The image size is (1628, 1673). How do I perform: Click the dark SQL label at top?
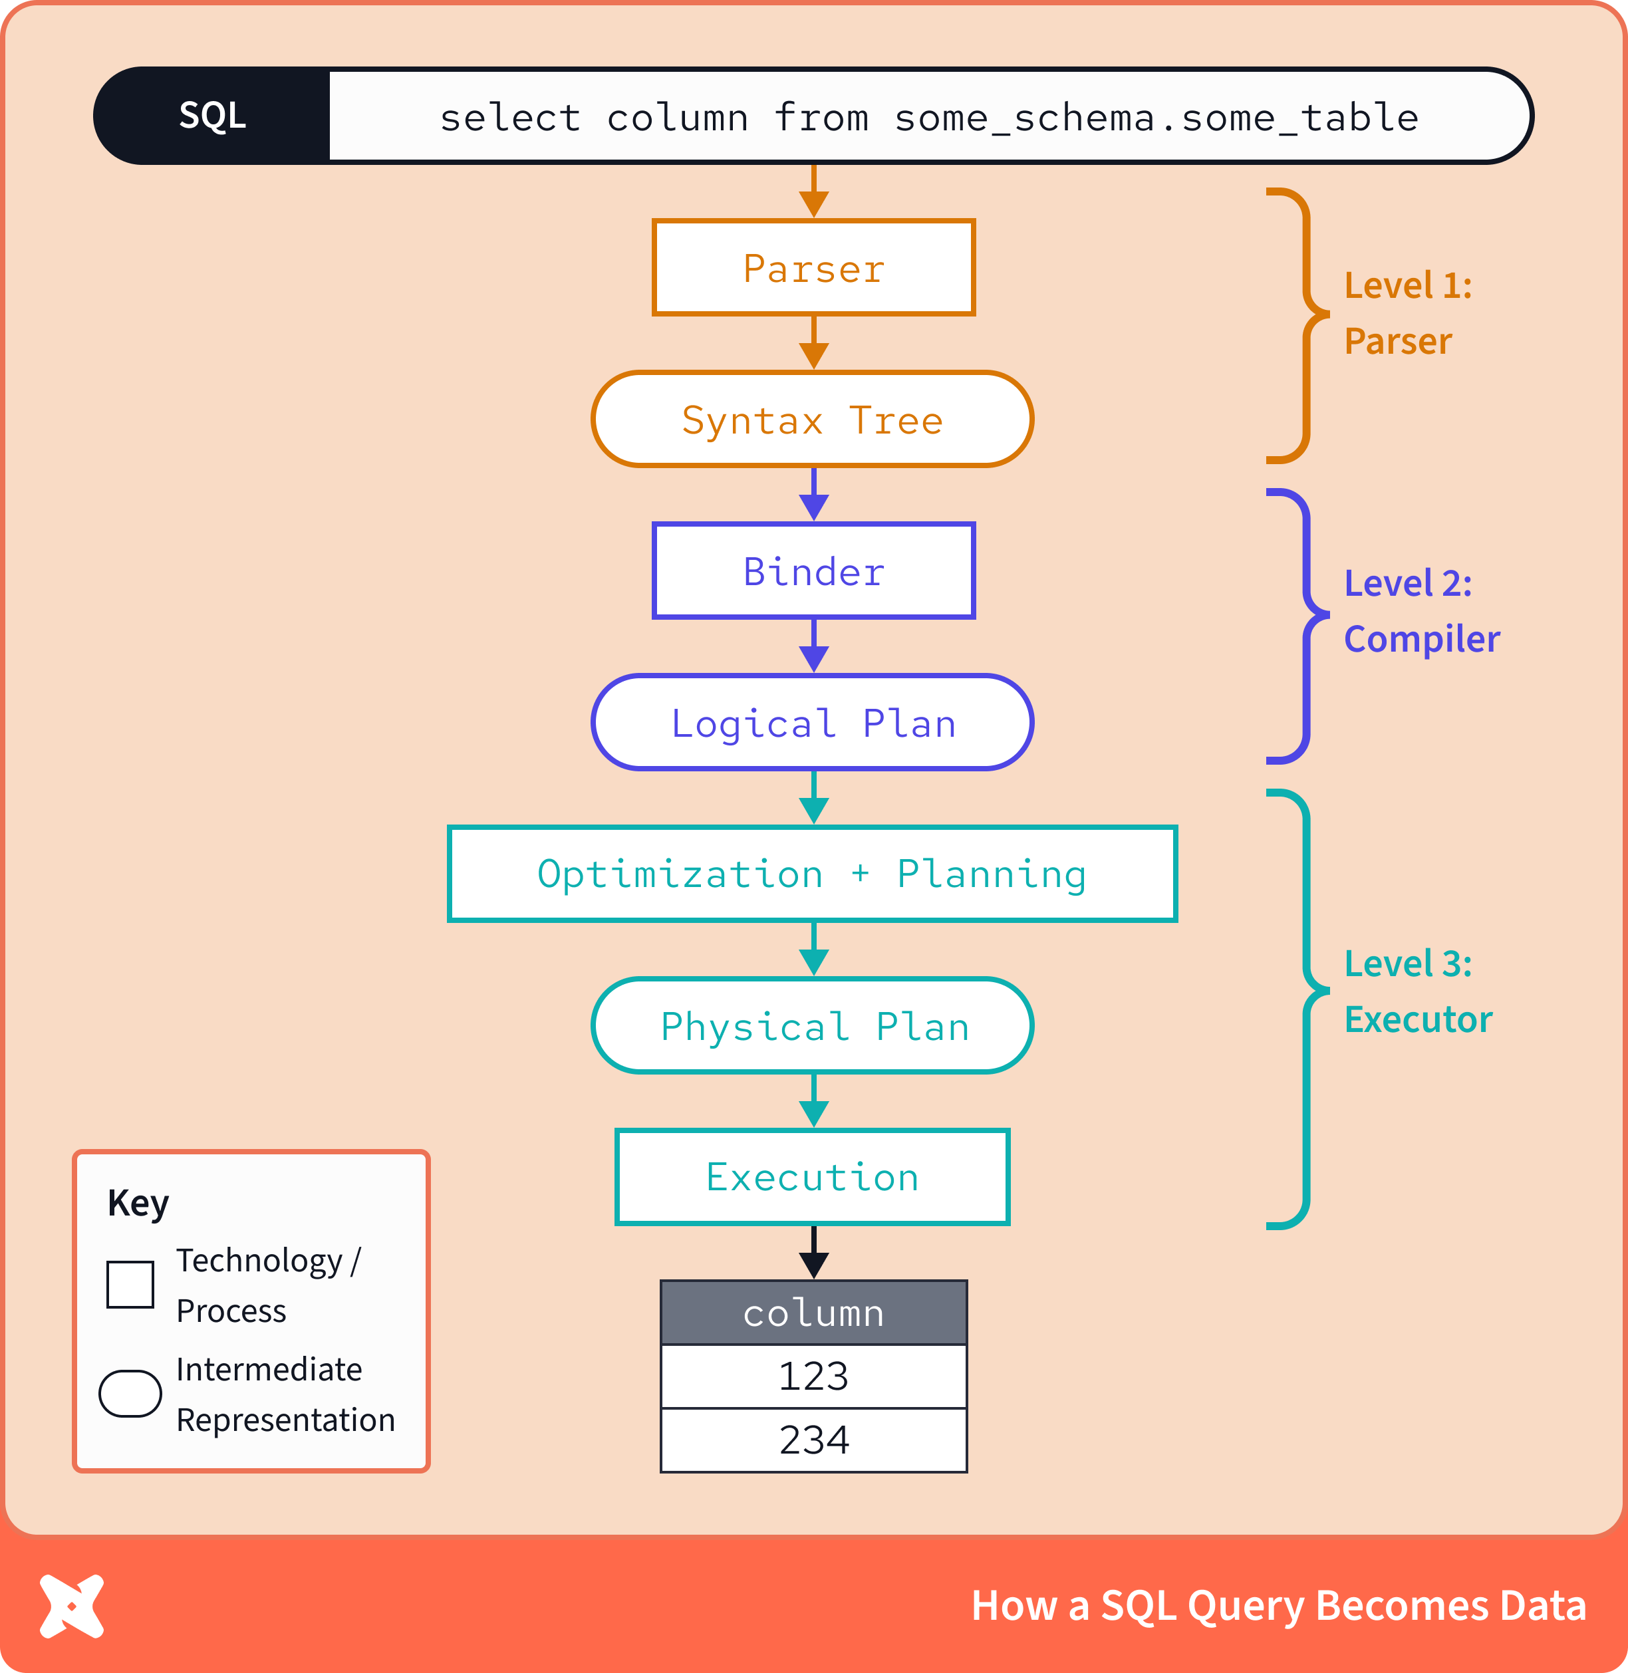[212, 116]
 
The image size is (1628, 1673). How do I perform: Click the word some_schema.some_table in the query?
[1156, 118]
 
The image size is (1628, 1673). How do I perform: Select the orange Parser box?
[813, 267]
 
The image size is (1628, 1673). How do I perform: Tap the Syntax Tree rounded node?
[812, 420]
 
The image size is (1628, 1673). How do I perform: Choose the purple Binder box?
[813, 571]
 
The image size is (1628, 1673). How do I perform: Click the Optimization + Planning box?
[812, 874]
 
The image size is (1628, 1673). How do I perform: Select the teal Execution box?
[812, 1177]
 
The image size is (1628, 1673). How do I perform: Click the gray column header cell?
[813, 1312]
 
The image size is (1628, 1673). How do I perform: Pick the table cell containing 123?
[813, 1376]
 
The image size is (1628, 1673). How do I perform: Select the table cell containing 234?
[813, 1440]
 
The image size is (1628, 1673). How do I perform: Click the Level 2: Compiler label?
[1419, 611]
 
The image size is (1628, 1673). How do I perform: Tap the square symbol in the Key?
[130, 1284]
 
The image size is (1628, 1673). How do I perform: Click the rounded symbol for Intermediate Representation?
[130, 1394]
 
